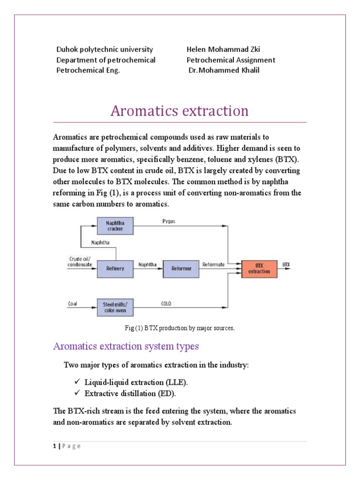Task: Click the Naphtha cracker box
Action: pyautogui.click(x=115, y=226)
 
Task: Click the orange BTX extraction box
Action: pyautogui.click(x=259, y=268)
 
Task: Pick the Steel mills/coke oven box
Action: pyautogui.click(x=115, y=307)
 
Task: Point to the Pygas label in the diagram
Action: pyautogui.click(x=168, y=221)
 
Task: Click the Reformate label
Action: pyautogui.click(x=213, y=264)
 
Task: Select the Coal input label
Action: pyautogui.click(x=72, y=303)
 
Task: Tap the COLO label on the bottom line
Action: pyautogui.click(x=166, y=303)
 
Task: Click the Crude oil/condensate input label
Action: pyautogui.click(x=80, y=262)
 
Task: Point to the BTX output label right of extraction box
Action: pyautogui.click(x=286, y=264)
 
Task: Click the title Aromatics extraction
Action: pyautogui.click(x=180, y=111)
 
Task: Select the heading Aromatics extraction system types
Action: pyautogui.click(x=126, y=346)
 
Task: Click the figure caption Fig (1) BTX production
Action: pyautogui.click(x=180, y=328)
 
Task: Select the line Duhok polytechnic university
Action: pyautogui.click(x=105, y=49)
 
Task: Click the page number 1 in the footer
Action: pyautogui.click(x=55, y=446)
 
